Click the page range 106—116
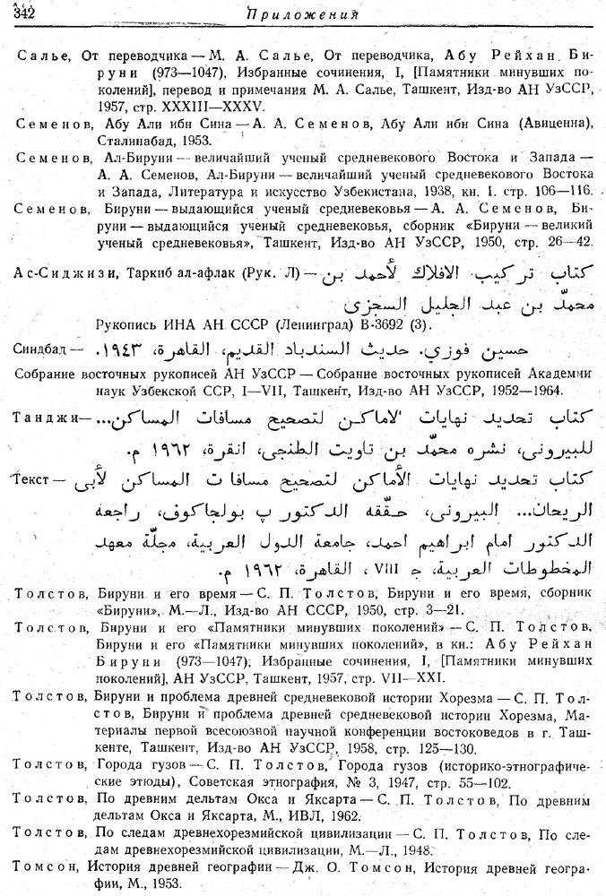[562, 192]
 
